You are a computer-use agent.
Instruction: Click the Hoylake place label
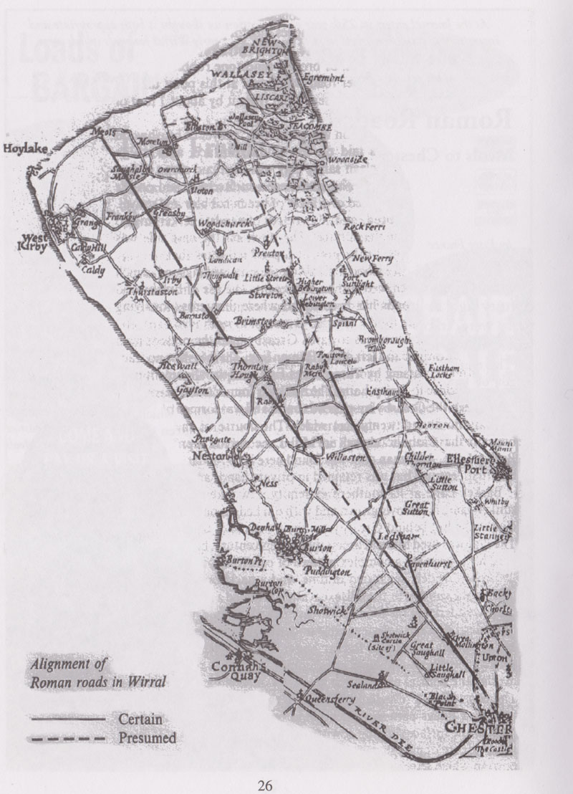[x=24, y=150]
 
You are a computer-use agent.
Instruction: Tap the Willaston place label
[x=347, y=456]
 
